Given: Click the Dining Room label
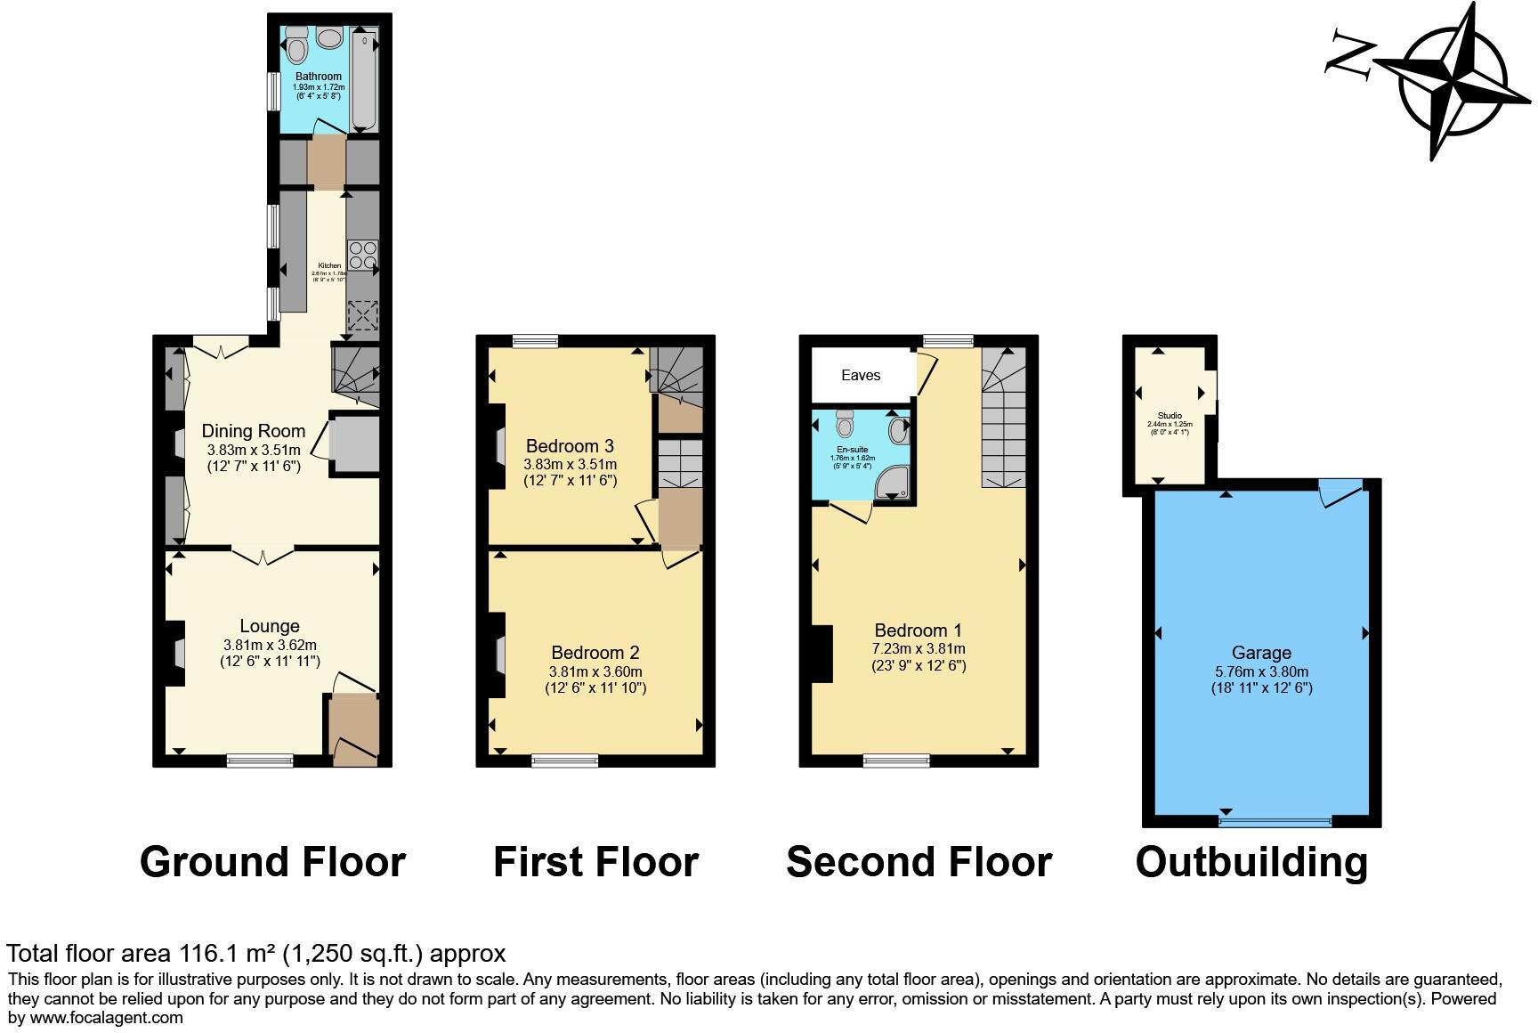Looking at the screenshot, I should pyautogui.click(x=253, y=431).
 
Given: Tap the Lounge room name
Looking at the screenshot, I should pyautogui.click(x=269, y=626).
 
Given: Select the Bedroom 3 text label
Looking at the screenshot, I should pyautogui.click(x=570, y=445).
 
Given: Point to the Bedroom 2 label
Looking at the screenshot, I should pyautogui.click(x=595, y=652).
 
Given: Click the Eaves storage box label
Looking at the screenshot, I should pyautogui.click(x=861, y=375).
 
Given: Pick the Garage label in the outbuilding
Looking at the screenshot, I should pyautogui.click(x=1261, y=652).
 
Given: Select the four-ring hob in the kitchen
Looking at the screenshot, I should pyautogui.click(x=362, y=256).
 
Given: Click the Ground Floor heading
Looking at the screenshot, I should pyautogui.click(x=272, y=862).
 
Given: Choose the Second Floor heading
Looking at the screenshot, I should pyautogui.click(x=919, y=862).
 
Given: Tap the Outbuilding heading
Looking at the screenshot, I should pyautogui.click(x=1251, y=862).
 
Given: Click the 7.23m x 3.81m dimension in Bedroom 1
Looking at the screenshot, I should pyautogui.click(x=919, y=648).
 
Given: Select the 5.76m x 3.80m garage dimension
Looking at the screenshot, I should pyautogui.click(x=1261, y=671).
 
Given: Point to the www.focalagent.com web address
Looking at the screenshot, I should pyautogui.click(x=107, y=1018).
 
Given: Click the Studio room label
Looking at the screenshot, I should pyautogui.click(x=1170, y=416).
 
